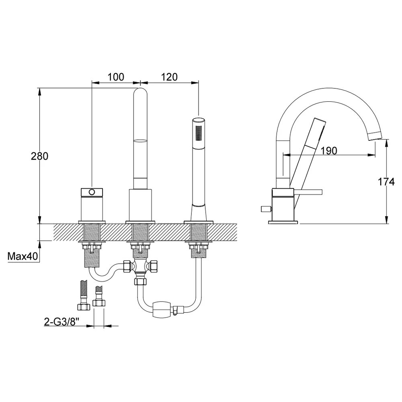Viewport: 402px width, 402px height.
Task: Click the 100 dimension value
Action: [x=116, y=77]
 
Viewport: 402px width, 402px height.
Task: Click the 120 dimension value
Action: [x=170, y=77]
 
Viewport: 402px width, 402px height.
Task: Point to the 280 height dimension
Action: [x=39, y=156]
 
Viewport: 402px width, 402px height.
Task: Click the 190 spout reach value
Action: [x=329, y=151]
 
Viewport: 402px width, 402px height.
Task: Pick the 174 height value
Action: [x=386, y=182]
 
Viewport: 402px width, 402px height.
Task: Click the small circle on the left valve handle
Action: [x=92, y=191]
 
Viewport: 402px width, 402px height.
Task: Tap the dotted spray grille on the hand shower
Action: [x=198, y=133]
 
